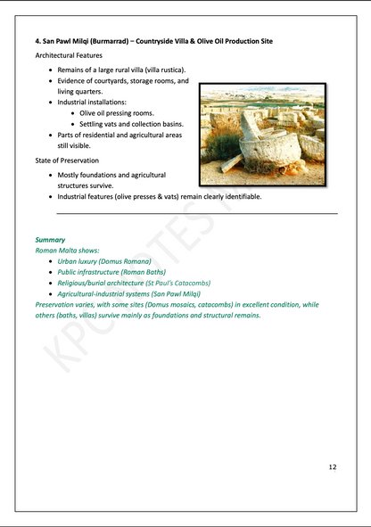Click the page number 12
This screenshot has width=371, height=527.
click(333, 466)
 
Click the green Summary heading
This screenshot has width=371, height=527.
click(50, 240)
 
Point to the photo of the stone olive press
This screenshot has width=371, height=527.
click(261, 128)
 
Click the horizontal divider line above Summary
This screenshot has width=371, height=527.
click(196, 213)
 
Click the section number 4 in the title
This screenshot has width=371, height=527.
click(37, 42)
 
